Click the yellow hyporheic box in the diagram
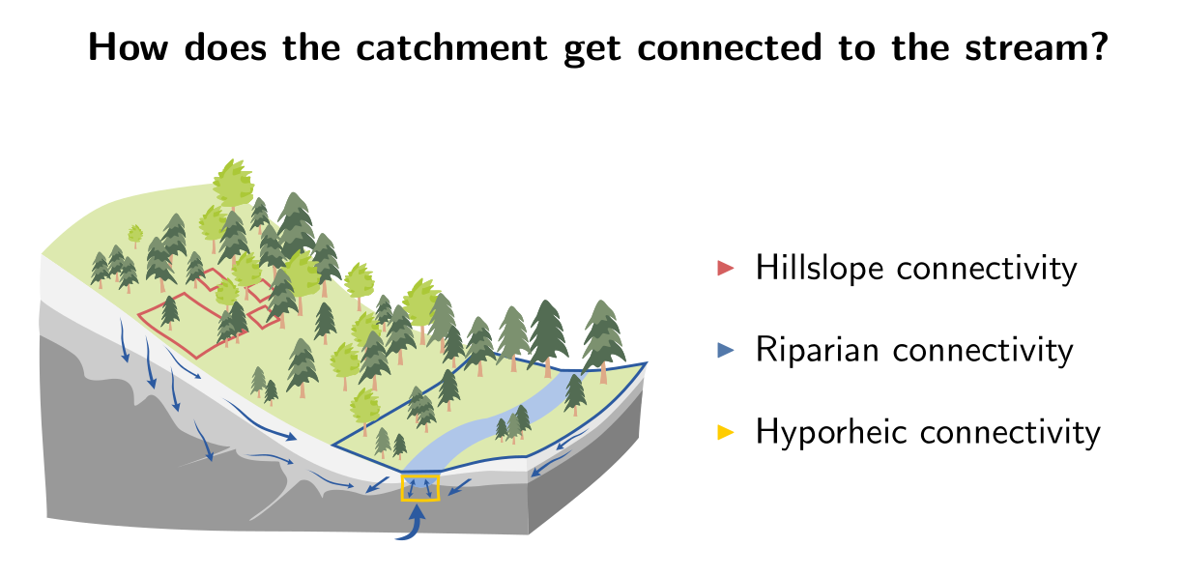click(419, 488)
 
